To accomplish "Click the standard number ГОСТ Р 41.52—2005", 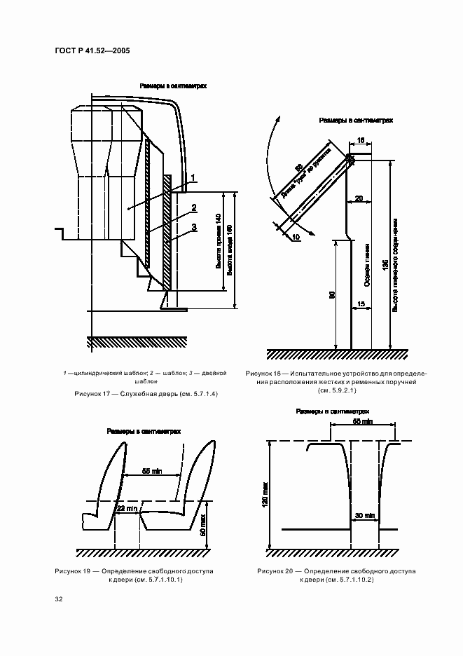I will click(x=90, y=50).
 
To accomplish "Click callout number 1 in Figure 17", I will click(x=193, y=176).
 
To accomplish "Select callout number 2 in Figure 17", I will click(x=193, y=207).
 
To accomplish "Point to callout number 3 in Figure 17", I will click(x=193, y=227).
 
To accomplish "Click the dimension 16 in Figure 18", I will click(x=361, y=140).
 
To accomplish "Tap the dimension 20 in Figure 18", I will click(x=359, y=198).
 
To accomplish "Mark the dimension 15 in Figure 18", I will click(x=361, y=303).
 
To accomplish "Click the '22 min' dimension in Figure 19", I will click(x=127, y=507).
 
